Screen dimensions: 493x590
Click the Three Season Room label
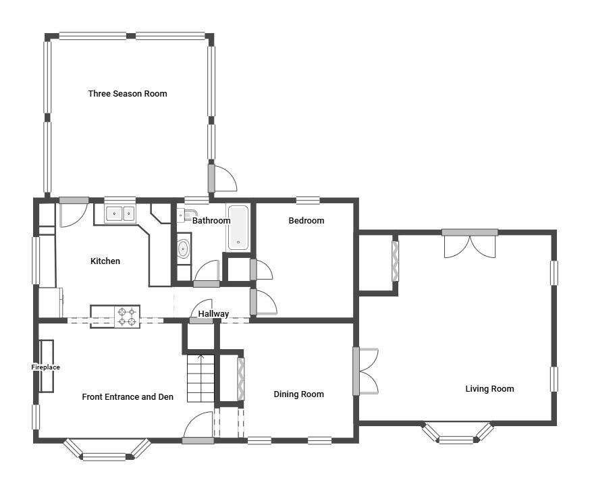(128, 94)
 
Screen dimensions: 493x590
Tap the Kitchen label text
(105, 261)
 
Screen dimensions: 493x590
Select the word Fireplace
(46, 367)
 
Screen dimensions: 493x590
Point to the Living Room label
(489, 389)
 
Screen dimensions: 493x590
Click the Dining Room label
(298, 394)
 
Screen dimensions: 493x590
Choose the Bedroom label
(306, 221)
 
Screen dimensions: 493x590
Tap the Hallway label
(213, 314)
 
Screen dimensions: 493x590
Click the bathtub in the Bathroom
(238, 228)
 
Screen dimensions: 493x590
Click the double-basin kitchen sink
(121, 214)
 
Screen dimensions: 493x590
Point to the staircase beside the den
(200, 378)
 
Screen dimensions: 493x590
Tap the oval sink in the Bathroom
(184, 249)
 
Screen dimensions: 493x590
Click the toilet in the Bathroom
(183, 216)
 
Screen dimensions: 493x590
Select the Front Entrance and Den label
(128, 397)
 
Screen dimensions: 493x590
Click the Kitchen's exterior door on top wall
(72, 212)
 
